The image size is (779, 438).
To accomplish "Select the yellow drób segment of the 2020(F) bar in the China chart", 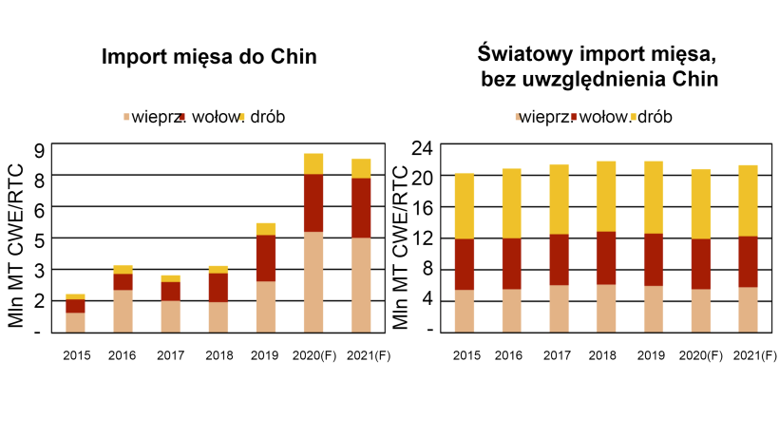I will [313, 163].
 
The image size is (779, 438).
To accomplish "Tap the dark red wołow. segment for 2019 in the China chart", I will [266, 257].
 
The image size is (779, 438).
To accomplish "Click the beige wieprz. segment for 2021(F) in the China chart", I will [361, 284].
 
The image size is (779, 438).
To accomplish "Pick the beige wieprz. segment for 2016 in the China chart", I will [123, 311].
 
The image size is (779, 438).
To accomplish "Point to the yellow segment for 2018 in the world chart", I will [606, 196].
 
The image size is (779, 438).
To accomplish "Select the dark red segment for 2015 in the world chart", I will [465, 264].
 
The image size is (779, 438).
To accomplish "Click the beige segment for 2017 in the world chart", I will [559, 308].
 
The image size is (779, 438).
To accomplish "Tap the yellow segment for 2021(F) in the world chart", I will [748, 200].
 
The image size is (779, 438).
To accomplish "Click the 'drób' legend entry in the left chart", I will [266, 117].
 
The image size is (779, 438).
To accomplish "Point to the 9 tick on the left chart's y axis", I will [39, 149].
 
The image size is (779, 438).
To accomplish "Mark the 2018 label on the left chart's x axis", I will [218, 355].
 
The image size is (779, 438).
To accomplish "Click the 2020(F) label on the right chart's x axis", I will [701, 355].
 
